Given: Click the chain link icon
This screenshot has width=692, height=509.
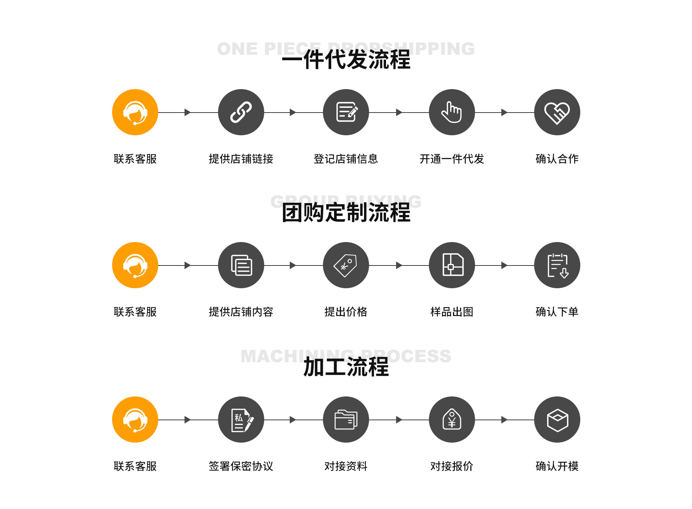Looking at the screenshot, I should (241, 112).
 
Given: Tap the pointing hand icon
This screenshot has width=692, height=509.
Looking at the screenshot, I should (452, 112).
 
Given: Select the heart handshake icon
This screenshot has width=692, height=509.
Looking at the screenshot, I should (557, 112).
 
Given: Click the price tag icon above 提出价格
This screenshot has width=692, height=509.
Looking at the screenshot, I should (346, 265).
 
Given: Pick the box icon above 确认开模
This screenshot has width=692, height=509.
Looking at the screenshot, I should (557, 420).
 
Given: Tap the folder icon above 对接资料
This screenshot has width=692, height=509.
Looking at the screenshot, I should (346, 420).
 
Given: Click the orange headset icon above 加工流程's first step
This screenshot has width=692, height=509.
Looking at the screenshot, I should (135, 420).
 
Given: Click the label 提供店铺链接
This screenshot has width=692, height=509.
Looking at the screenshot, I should (241, 159).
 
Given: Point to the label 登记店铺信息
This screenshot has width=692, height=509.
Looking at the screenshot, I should (346, 159).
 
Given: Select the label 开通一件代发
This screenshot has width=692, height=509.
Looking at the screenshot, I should (452, 159).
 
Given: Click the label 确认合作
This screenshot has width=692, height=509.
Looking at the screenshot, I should (557, 159).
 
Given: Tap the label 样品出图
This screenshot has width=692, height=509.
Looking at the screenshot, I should (452, 312).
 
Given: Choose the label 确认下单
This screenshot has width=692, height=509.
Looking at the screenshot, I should (557, 312).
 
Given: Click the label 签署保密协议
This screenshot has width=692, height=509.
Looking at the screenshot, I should (241, 466).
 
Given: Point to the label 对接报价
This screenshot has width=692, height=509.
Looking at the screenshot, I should (452, 466).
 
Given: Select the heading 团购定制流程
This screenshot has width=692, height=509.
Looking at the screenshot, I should (346, 212).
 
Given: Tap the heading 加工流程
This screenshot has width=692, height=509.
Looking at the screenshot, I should (346, 367).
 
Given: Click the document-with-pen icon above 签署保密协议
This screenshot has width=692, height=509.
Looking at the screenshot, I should (241, 420).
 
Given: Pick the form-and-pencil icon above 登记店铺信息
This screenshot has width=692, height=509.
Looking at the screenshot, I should (346, 112).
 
